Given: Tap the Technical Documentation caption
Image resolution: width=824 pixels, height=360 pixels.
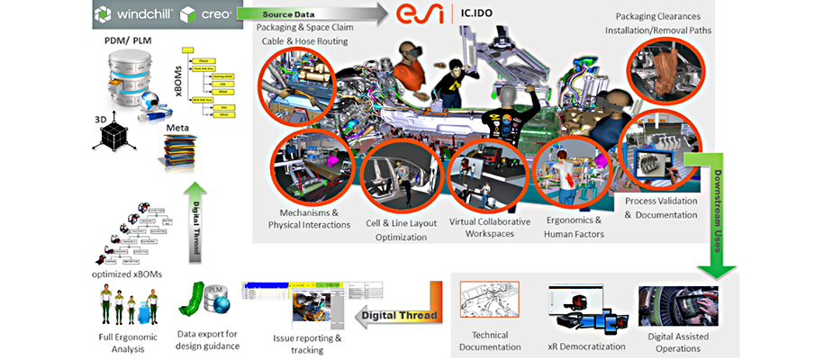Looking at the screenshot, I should click(x=490, y=340).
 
